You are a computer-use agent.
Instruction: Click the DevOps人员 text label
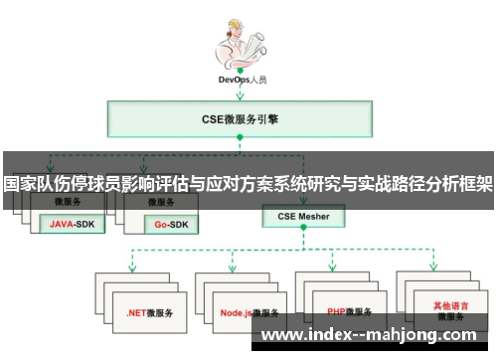(245, 77)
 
